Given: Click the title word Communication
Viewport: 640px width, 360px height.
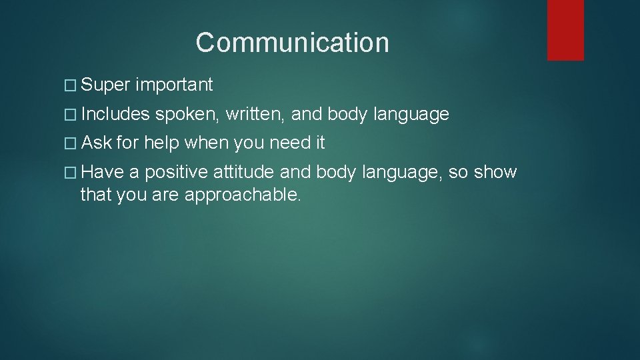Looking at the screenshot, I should (292, 43).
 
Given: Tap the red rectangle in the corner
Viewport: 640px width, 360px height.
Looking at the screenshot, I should (565, 30).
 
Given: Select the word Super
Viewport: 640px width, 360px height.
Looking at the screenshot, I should (106, 85).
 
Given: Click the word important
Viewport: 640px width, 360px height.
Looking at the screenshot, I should (174, 85).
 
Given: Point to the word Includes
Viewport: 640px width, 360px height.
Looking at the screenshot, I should (116, 115).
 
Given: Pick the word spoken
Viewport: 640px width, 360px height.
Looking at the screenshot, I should (189, 115).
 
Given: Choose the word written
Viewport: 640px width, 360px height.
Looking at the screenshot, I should (256, 115).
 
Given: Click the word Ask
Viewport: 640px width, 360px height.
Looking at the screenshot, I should (97, 143).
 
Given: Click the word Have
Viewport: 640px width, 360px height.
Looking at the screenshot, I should (103, 173).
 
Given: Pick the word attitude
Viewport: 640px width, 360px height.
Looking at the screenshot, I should (243, 173).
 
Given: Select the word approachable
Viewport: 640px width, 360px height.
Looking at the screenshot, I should (243, 196).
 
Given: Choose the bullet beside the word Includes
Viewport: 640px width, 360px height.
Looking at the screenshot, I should (73, 115).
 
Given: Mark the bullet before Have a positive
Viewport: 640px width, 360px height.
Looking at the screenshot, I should (73, 173).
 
